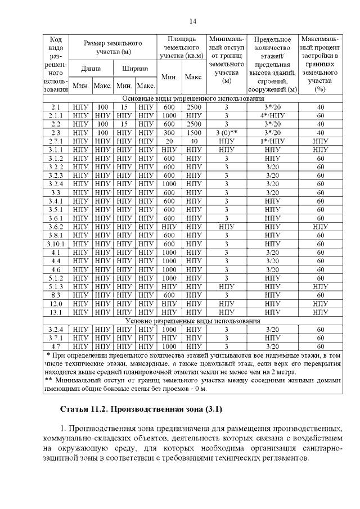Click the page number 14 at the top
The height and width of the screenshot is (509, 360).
click(193, 21)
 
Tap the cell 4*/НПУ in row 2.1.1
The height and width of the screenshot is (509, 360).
click(272, 115)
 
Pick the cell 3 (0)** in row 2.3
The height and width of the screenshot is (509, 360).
click(226, 133)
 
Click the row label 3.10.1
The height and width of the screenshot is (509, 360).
click(56, 244)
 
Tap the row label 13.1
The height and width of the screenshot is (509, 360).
click(56, 312)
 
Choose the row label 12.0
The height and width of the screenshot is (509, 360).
click(56, 303)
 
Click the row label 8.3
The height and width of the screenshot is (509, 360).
click(56, 294)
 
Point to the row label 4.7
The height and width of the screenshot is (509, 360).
click(56, 346)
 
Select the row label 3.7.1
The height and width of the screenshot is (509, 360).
click(56, 338)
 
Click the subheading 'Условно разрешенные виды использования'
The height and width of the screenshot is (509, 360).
click(192, 321)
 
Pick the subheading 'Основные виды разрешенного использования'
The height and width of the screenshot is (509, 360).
click(192, 97)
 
